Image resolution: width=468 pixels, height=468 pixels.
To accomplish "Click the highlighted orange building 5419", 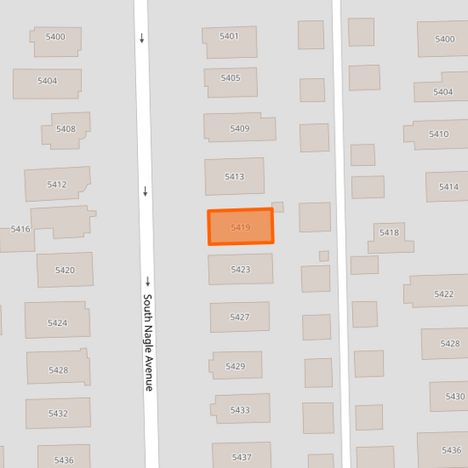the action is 240,227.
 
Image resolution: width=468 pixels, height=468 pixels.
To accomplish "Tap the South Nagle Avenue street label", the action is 148,342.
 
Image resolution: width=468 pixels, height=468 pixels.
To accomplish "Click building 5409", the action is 239,128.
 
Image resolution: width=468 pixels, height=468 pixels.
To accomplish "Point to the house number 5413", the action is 234,176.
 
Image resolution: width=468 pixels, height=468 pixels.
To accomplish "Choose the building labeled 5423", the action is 240,270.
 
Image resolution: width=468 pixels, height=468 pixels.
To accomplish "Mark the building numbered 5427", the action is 239,317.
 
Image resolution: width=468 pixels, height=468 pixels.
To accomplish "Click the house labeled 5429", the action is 235,366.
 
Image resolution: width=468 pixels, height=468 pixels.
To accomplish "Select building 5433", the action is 240,410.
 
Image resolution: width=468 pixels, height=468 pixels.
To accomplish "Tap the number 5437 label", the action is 241,457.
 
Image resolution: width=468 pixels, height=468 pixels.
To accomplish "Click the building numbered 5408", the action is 66,129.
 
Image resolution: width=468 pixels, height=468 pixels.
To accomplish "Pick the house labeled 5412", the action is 57,184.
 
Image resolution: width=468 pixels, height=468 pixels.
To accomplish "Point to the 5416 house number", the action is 20,229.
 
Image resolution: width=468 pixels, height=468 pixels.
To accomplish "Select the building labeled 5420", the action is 65,270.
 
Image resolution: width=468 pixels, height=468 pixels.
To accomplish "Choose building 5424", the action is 57,322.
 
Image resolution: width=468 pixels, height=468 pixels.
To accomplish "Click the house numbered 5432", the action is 58,413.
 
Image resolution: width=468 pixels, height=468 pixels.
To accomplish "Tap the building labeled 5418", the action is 390,234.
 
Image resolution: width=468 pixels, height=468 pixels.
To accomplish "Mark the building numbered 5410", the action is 438,134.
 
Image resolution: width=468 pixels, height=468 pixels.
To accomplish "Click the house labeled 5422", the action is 443,293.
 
